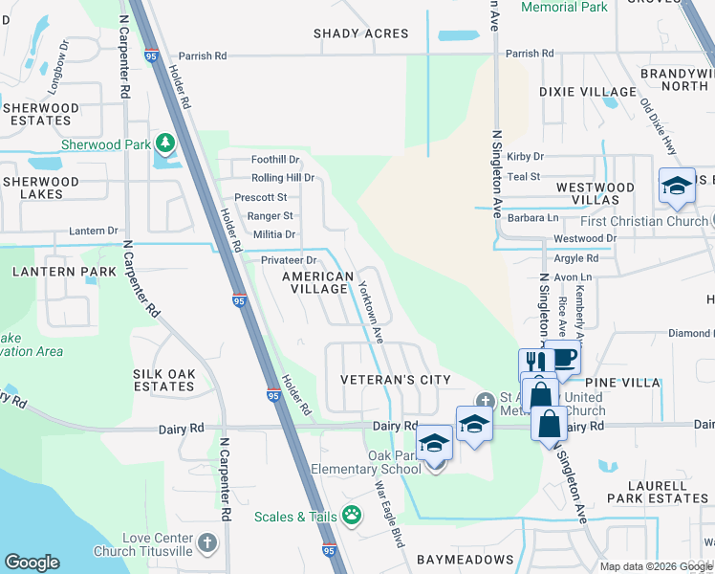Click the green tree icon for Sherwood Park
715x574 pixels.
point(165,144)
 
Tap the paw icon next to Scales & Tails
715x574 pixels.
point(353,516)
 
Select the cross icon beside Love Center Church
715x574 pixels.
point(206,544)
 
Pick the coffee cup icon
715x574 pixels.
point(564,359)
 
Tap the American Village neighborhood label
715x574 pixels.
point(318,282)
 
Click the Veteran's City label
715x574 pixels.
point(396,380)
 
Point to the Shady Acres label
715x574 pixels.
point(361,33)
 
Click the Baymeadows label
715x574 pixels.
point(464,559)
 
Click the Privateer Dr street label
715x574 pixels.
point(289,260)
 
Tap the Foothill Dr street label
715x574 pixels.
point(275,160)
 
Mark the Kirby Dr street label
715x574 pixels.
point(525,156)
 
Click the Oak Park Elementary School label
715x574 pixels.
point(366,462)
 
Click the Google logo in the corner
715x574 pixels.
point(32,563)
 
